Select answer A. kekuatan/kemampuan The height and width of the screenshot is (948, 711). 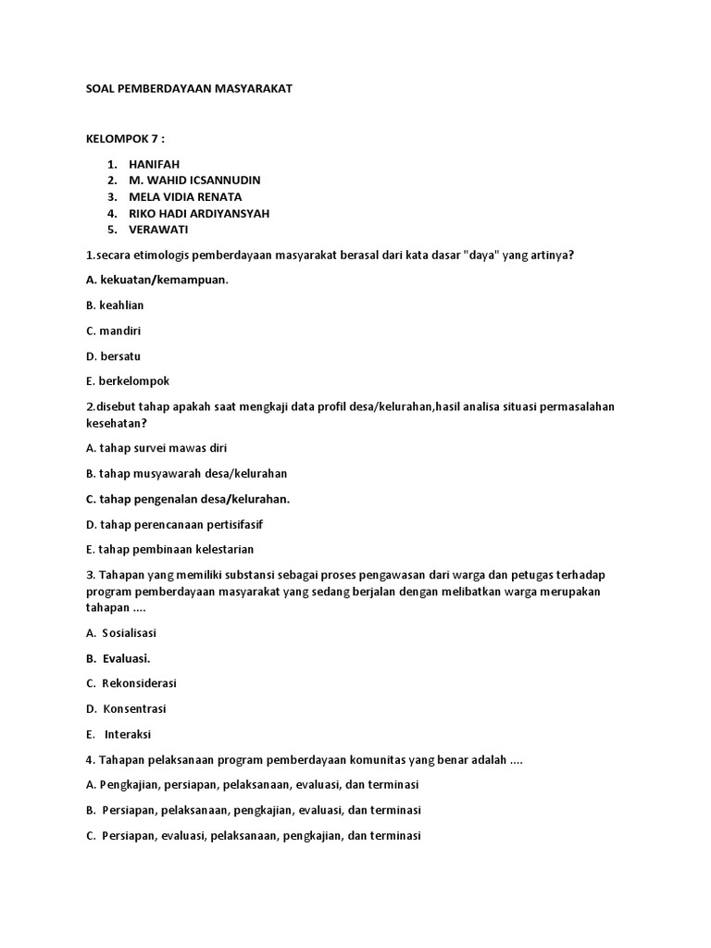156,280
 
